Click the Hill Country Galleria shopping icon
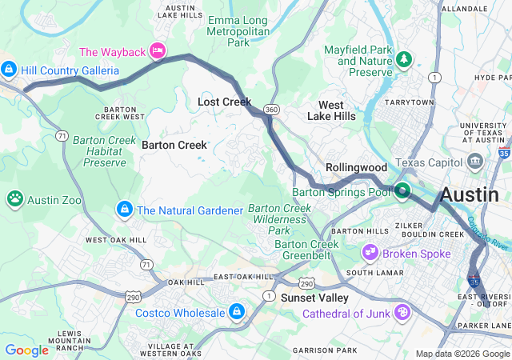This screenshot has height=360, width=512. click(x=10, y=70)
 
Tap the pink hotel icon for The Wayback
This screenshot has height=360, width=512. click(x=158, y=52)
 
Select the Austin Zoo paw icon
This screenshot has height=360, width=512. click(x=15, y=198)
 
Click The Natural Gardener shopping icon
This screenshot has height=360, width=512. click(x=124, y=210)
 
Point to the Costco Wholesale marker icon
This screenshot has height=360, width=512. click(x=237, y=311)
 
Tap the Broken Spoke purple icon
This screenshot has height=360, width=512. click(x=370, y=253)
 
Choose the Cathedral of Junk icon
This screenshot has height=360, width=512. click(x=403, y=311)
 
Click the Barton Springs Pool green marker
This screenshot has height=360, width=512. click(x=402, y=190)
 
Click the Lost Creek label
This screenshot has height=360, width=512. click(x=225, y=102)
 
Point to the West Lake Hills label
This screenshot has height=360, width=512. click(x=331, y=110)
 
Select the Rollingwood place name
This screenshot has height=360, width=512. click(x=357, y=167)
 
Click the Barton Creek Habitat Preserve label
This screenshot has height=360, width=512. click(x=99, y=151)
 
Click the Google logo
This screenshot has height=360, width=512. click(x=26, y=350)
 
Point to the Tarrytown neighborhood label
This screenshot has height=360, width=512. click(x=408, y=102)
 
